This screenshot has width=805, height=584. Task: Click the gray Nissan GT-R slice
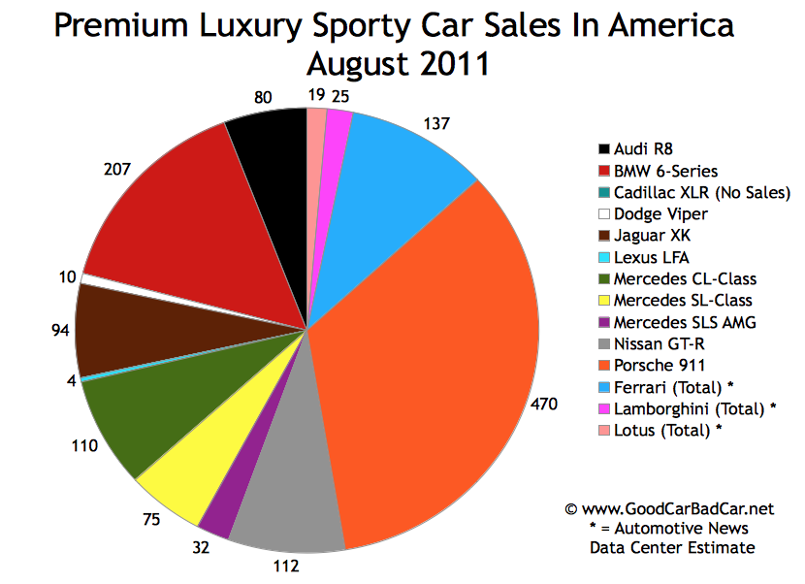click(286, 495)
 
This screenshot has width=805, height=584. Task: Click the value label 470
click(544, 404)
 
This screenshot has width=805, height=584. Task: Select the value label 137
click(439, 123)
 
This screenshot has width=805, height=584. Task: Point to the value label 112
click(287, 565)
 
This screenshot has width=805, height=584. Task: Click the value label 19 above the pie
click(316, 95)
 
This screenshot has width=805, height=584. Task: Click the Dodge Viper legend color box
click(605, 213)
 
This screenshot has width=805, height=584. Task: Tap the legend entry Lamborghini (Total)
click(684, 407)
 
